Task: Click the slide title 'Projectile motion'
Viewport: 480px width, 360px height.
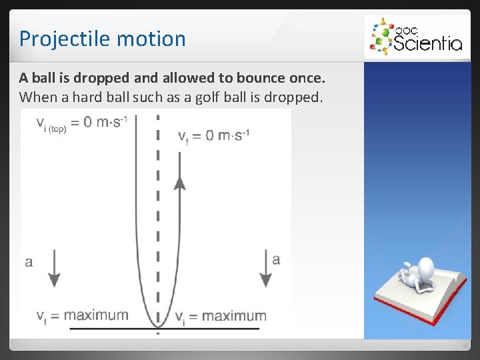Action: click(x=102, y=39)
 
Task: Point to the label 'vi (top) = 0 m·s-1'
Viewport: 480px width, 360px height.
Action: click(x=81, y=123)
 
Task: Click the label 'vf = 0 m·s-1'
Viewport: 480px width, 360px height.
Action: click(x=213, y=136)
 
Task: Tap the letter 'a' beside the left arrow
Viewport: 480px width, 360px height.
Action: click(x=29, y=261)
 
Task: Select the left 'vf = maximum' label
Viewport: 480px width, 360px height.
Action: click(x=83, y=315)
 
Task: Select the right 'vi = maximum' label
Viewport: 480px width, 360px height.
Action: click(x=220, y=316)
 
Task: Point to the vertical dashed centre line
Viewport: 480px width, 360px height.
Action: click(x=157, y=200)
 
